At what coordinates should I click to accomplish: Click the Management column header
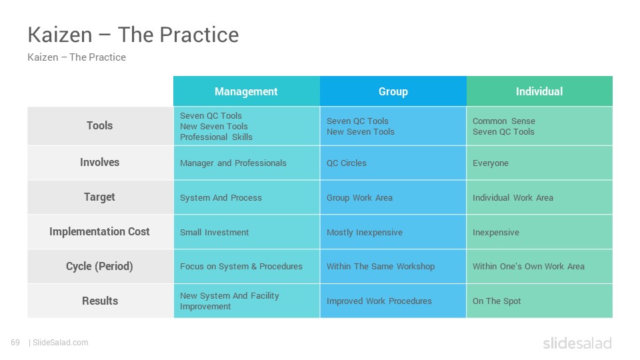(x=246, y=91)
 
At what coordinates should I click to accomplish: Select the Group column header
(x=393, y=91)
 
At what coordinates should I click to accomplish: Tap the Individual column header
(x=539, y=91)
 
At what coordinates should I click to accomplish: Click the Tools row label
(x=99, y=126)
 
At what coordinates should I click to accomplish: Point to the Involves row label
(x=99, y=163)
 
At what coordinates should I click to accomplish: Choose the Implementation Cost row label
(x=99, y=231)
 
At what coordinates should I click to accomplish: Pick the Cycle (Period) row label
(x=99, y=266)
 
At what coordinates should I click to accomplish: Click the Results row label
(x=99, y=301)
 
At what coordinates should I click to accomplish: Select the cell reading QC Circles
(x=393, y=163)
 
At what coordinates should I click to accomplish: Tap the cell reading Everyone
(x=539, y=163)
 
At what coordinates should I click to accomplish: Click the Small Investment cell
(x=247, y=232)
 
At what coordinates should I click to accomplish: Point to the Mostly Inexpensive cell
(x=393, y=232)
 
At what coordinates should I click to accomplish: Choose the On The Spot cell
(x=539, y=301)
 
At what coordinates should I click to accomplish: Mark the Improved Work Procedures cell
(x=393, y=301)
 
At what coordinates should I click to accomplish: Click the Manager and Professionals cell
(x=247, y=163)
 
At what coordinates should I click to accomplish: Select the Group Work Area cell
(x=393, y=197)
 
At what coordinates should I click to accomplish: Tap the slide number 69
(x=15, y=343)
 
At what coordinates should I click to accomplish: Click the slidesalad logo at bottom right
(x=577, y=343)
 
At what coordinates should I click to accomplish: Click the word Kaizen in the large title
(x=60, y=35)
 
